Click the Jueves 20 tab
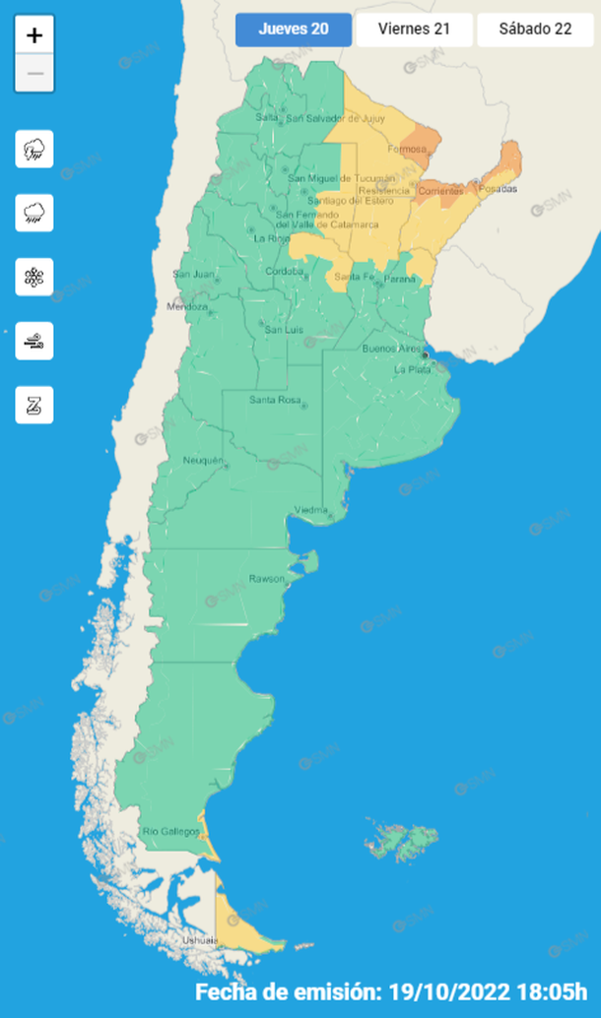pyautogui.click(x=294, y=30)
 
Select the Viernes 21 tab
pyautogui.click(x=414, y=30)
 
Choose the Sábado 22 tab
pyautogui.click(x=536, y=30)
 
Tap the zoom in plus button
pyautogui.click(x=34, y=35)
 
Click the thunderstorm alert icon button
pyautogui.click(x=34, y=150)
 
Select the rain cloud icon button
pyautogui.click(x=34, y=213)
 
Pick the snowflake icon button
pyautogui.click(x=34, y=277)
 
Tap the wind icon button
pyautogui.click(x=34, y=341)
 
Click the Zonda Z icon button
pyautogui.click(x=34, y=405)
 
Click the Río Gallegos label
pyautogui.click(x=165, y=832)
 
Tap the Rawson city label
pyautogui.click(x=266, y=578)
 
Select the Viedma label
pyautogui.click(x=311, y=510)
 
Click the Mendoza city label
pyautogui.click(x=189, y=306)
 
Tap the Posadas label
pyautogui.click(x=499, y=189)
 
